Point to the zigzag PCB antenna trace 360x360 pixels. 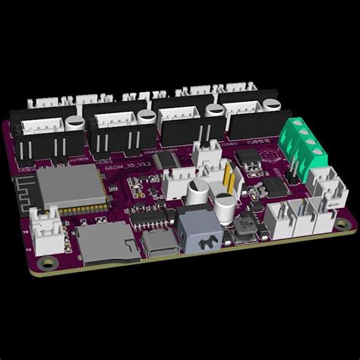click(25, 197)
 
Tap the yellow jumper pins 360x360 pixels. click(226, 181)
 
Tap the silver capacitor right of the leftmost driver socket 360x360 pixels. click(74, 122)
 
